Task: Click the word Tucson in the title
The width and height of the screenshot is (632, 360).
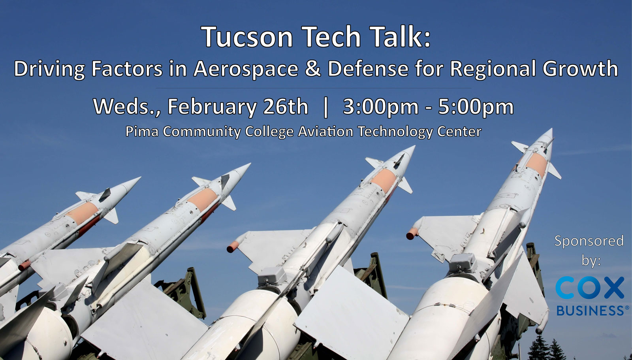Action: [x=247, y=36]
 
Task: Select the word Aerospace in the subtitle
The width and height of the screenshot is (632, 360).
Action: [x=246, y=69]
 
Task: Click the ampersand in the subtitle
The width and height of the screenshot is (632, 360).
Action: [x=313, y=69]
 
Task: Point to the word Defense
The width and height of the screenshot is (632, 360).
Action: [x=368, y=69]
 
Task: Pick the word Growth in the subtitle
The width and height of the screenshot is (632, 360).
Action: [x=580, y=69]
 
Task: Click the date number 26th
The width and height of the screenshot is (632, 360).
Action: [x=286, y=106]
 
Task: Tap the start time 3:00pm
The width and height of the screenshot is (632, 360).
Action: [x=381, y=107]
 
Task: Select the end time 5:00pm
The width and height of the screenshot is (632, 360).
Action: [x=476, y=107]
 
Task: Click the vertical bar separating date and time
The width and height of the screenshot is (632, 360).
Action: [x=325, y=107]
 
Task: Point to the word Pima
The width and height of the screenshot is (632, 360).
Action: [x=142, y=131]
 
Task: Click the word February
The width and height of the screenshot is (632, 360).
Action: [x=212, y=107]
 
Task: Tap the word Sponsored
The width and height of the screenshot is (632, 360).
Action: [x=589, y=241]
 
